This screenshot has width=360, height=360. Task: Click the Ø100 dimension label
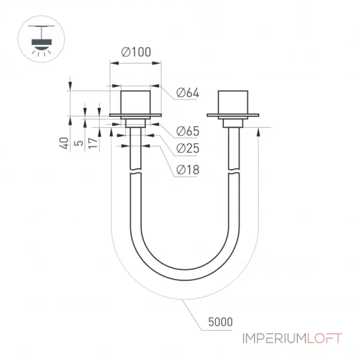136,52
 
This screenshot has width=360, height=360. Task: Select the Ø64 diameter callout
188,93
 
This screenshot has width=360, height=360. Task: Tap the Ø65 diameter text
188,131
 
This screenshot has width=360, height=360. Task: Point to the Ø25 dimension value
188,148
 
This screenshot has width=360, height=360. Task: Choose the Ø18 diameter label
188,170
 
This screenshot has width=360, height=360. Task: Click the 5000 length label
220,322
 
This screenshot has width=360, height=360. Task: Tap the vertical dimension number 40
64,143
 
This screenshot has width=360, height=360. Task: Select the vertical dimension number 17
93,143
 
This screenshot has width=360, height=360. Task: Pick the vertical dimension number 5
79,143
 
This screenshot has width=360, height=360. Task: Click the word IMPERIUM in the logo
274,338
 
